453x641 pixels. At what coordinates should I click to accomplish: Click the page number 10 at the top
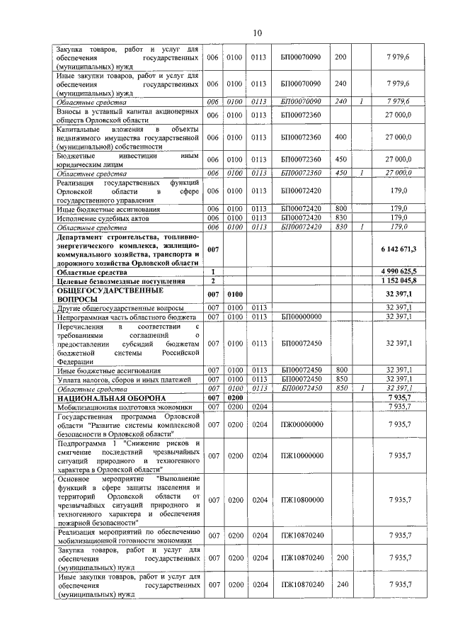[258, 33]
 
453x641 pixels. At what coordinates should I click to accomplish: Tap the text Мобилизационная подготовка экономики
[124, 407]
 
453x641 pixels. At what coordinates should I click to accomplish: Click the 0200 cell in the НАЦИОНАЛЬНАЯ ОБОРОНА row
[236, 399]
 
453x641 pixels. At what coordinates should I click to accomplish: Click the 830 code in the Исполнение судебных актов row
[340, 218]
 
